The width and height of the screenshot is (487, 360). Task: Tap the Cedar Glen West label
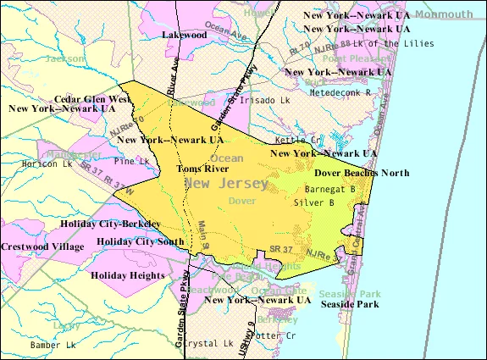click(x=95, y=99)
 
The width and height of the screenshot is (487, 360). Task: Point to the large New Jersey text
click(x=226, y=183)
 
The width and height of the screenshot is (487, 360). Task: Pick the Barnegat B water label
click(x=329, y=190)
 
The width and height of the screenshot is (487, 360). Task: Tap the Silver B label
click(x=313, y=203)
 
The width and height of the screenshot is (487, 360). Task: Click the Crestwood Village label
click(x=42, y=246)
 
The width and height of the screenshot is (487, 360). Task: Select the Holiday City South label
click(x=141, y=241)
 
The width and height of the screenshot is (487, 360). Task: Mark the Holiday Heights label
click(x=128, y=275)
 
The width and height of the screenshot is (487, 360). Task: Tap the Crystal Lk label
click(x=208, y=344)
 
